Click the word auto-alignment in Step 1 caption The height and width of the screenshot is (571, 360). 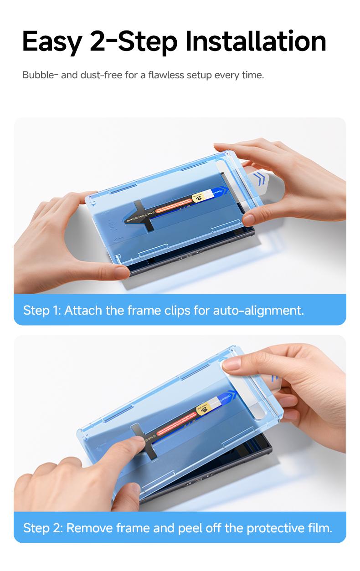point(258,311)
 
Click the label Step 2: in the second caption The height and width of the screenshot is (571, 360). point(42,528)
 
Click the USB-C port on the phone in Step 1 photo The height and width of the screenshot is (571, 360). point(189,255)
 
